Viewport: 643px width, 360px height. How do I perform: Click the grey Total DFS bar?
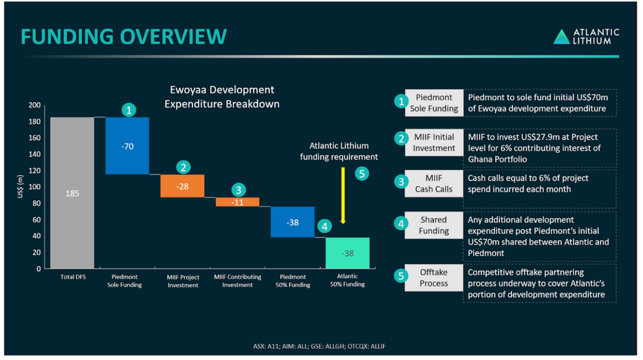point(72,193)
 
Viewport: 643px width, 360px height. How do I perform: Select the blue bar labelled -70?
point(127,146)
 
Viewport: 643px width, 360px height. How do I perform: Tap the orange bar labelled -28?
point(182,186)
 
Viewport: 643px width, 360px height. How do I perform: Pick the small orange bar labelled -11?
point(238,202)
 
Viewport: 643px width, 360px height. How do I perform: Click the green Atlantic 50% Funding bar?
point(347,252)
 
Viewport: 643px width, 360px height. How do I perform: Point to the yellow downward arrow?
point(343,196)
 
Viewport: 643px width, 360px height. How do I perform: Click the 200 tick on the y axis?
point(34,106)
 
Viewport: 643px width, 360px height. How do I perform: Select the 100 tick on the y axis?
point(34,187)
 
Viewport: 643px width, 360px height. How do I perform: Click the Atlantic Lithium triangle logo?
point(562,37)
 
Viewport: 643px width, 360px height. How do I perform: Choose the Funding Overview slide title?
point(124,37)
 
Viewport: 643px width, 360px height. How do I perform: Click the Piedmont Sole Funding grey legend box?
point(434,103)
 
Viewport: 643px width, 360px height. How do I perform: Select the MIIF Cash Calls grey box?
point(434,184)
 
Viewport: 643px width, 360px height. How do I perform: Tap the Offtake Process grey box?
point(434,278)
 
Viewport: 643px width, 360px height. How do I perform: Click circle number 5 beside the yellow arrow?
point(362,174)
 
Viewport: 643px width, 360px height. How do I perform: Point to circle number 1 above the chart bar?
point(130,110)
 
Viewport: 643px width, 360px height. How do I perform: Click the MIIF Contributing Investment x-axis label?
point(238,281)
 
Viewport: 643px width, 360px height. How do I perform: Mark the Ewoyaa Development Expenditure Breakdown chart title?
point(222,96)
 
